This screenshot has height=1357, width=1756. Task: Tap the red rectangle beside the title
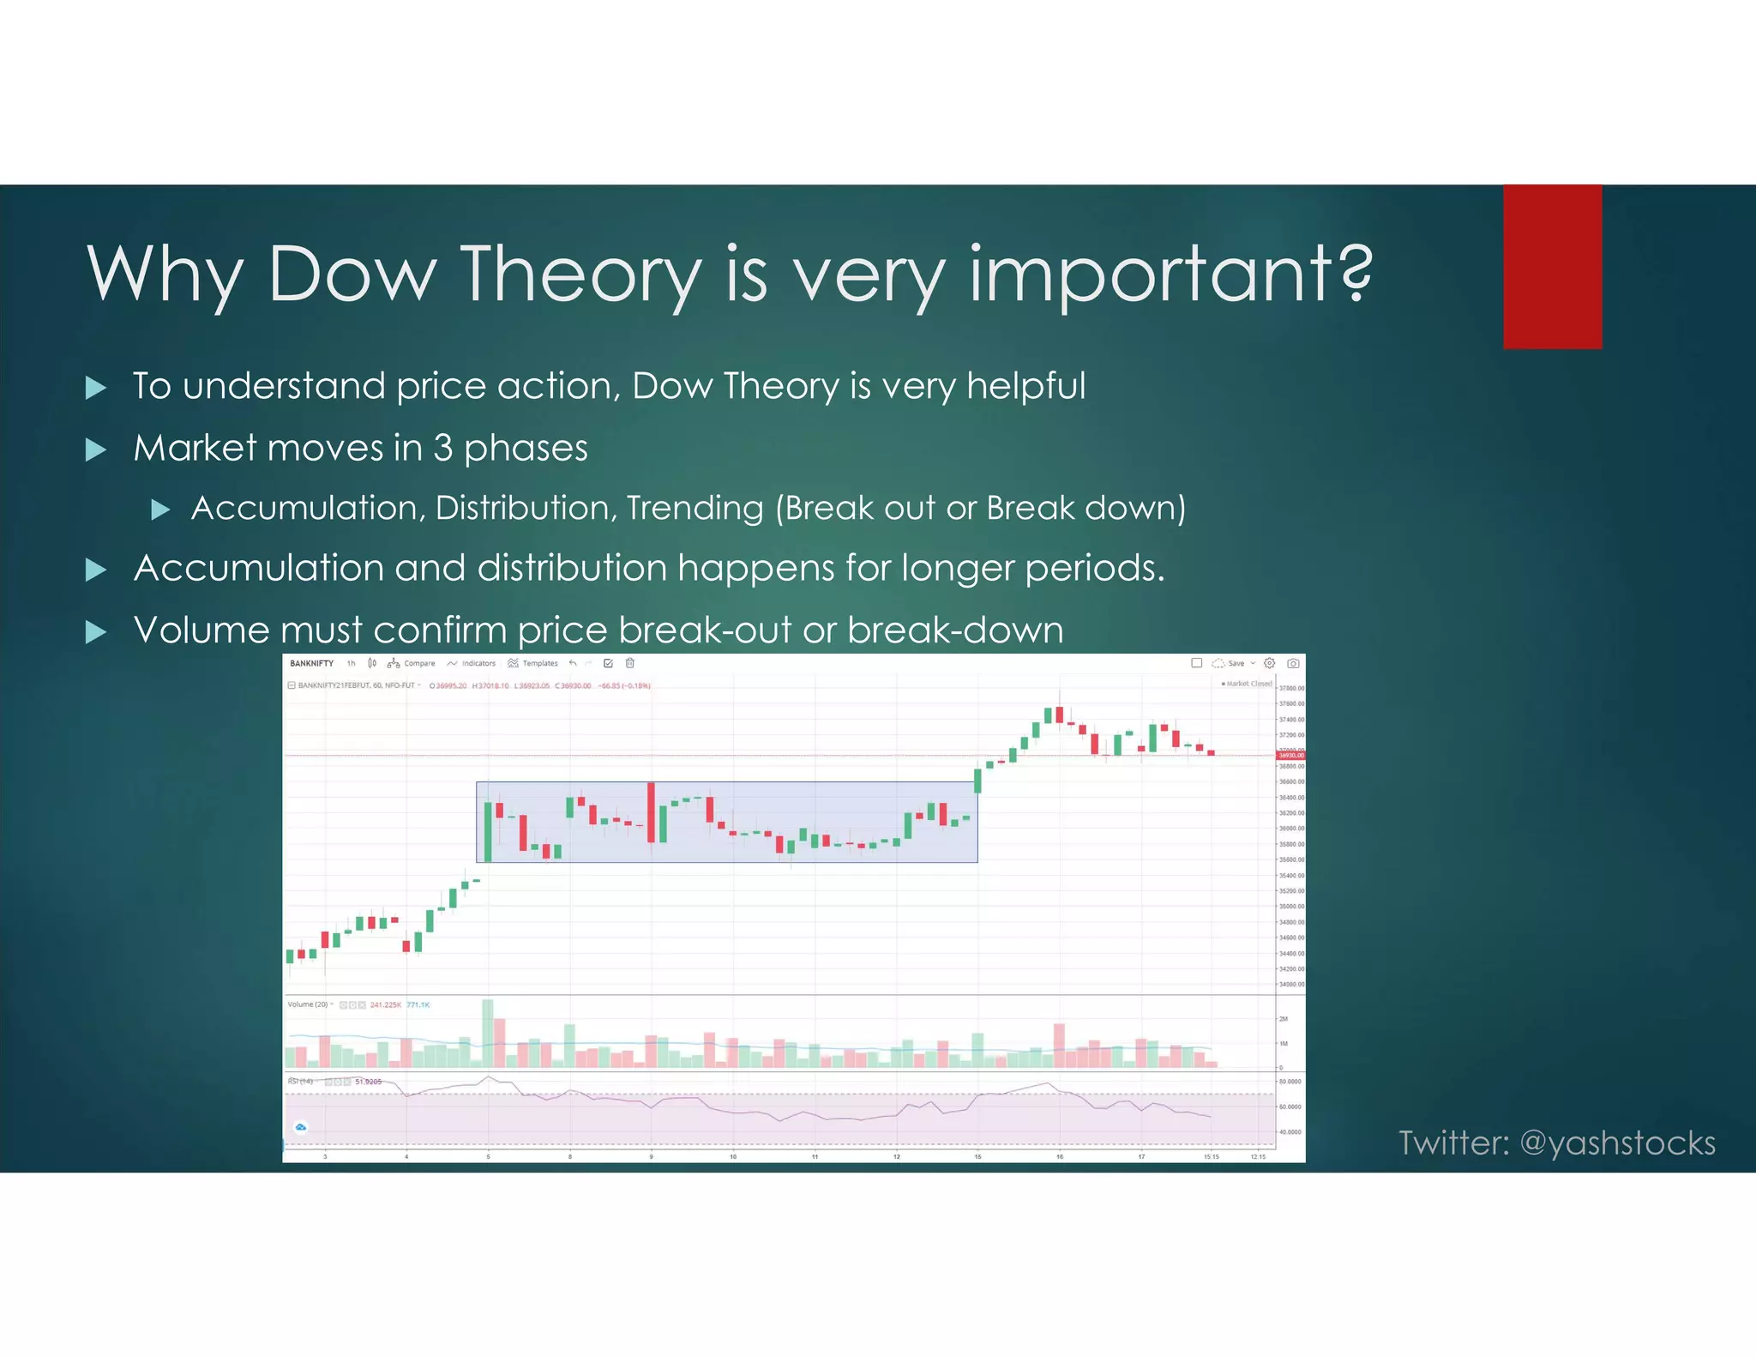pos(1552,267)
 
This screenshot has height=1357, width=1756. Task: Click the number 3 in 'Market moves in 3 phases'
pos(442,448)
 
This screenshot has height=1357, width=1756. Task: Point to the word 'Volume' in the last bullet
pos(201,630)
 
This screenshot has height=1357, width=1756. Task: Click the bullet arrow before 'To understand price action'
pos(97,388)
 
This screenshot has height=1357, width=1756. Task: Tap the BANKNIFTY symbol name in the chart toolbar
pos(311,663)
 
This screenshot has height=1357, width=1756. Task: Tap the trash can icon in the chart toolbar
pos(629,663)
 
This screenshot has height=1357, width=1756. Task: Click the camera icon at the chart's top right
pos(1293,663)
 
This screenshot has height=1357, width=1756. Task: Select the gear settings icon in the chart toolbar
pos(1270,663)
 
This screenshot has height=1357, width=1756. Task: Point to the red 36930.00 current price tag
pos(1290,756)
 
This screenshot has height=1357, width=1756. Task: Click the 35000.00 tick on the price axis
pos(1291,907)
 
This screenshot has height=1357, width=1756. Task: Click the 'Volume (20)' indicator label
pos(308,1004)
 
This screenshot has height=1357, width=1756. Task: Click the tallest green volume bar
pos(488,1033)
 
